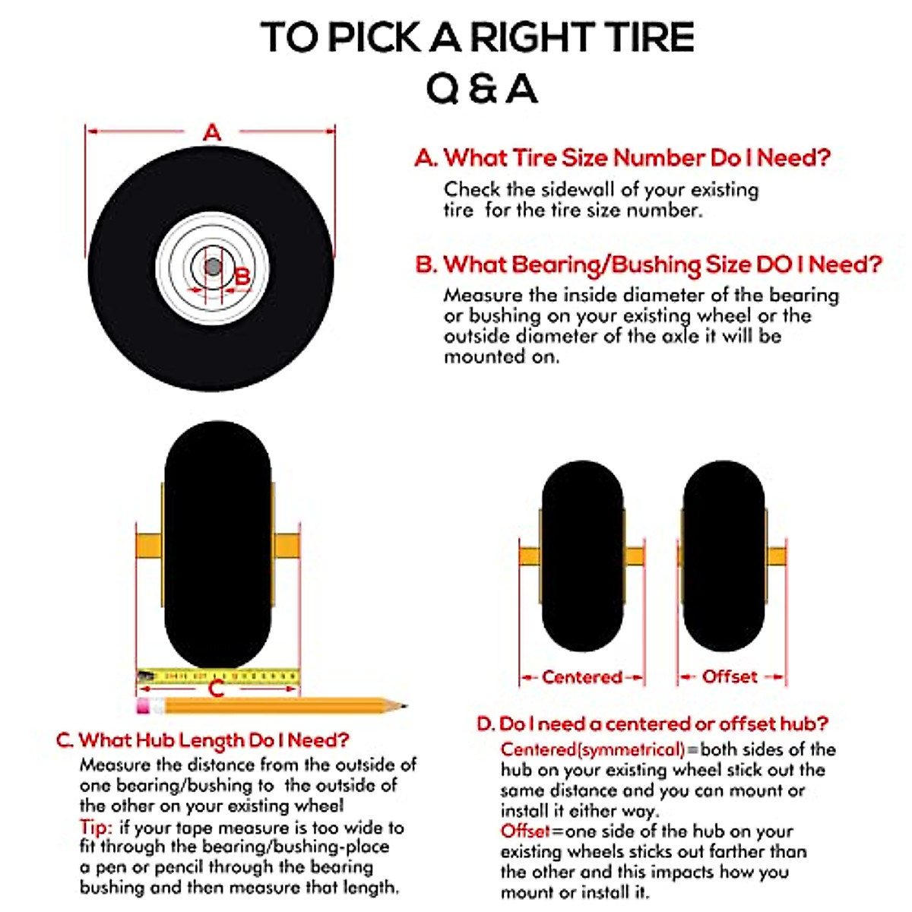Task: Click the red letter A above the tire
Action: click(x=212, y=133)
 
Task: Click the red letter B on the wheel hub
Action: click(x=242, y=276)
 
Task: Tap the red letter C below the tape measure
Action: click(x=216, y=689)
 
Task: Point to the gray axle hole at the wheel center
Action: click(x=213, y=268)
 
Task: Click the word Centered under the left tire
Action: click(x=581, y=677)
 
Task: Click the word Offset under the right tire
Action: click(x=730, y=676)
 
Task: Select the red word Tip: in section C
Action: click(x=97, y=827)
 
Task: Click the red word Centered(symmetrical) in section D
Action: click(x=593, y=749)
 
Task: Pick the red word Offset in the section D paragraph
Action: click(x=524, y=831)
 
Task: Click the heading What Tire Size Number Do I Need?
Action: click(x=637, y=158)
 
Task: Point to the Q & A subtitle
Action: click(x=481, y=90)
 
